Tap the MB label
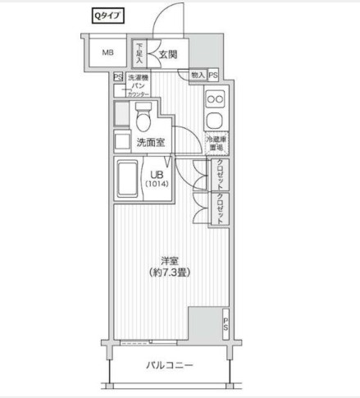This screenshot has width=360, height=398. coord(107,53)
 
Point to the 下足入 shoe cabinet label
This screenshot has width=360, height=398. coord(139,53)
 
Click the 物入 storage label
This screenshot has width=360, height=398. coord(198,75)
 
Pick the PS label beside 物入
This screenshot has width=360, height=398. coord(213,75)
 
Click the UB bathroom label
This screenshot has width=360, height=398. coord(156,174)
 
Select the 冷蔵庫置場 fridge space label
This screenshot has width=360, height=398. coord(216,144)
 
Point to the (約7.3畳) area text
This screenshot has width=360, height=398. coord(170,274)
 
